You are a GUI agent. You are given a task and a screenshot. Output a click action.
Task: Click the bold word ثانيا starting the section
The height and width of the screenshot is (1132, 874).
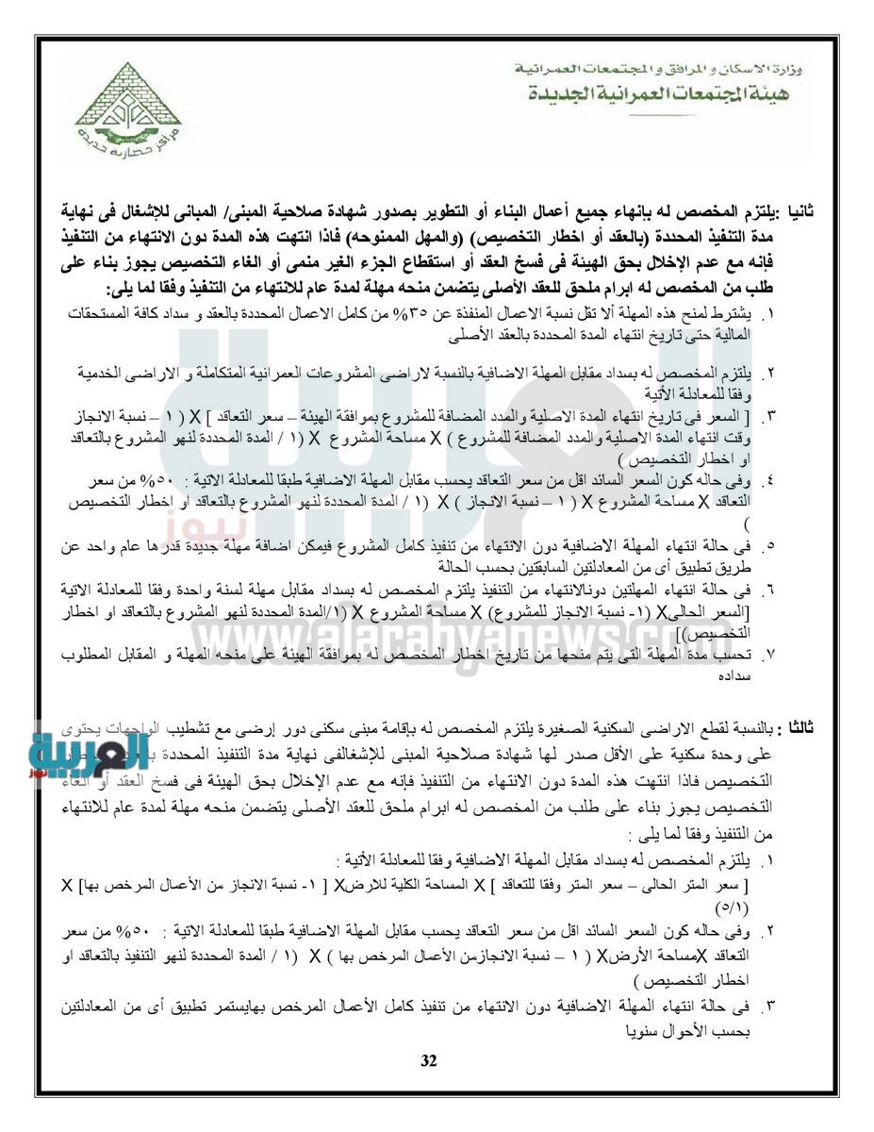[824, 211]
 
